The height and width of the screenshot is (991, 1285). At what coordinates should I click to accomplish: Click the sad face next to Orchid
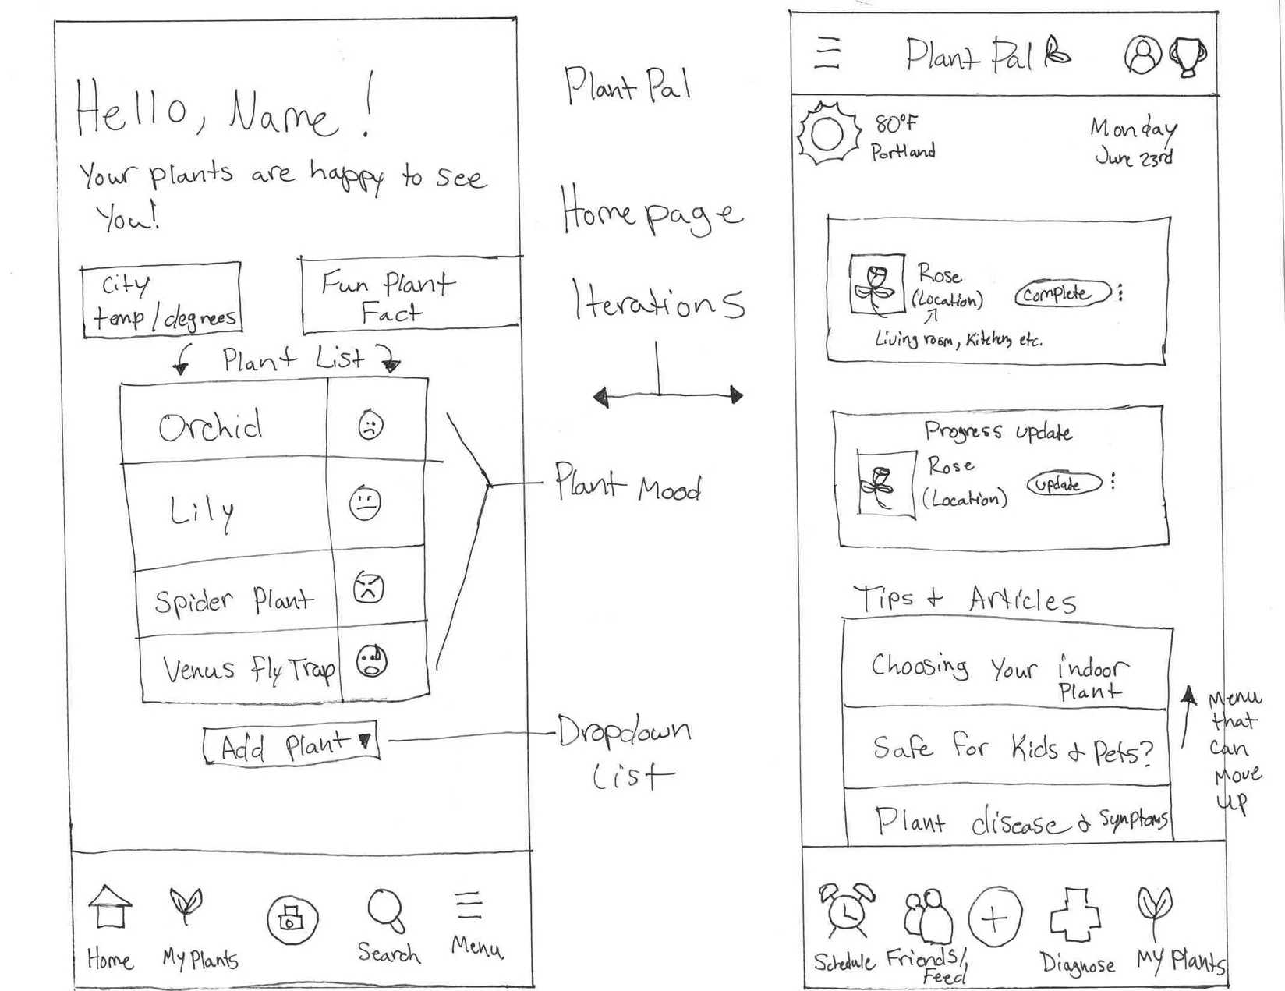pos(370,426)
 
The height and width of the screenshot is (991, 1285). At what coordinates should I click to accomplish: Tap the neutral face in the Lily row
pos(364,503)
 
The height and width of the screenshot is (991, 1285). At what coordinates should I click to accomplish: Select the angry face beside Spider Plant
pos(368,587)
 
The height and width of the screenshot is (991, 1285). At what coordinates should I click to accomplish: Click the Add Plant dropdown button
pos(291,745)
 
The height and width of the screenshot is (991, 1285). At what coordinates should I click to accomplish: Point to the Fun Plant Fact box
pos(409,295)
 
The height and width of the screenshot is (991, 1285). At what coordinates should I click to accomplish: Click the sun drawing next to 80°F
pos(827,134)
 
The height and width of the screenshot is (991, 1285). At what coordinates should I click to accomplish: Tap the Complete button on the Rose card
pos(1061,294)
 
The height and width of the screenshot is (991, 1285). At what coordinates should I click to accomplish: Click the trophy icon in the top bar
pos(1188,57)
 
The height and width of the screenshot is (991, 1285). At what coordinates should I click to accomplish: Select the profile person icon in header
pos(1142,55)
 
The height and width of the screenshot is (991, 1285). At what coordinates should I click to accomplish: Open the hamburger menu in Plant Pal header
pos(827,54)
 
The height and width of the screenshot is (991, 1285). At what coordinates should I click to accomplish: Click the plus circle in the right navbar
pos(995,917)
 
